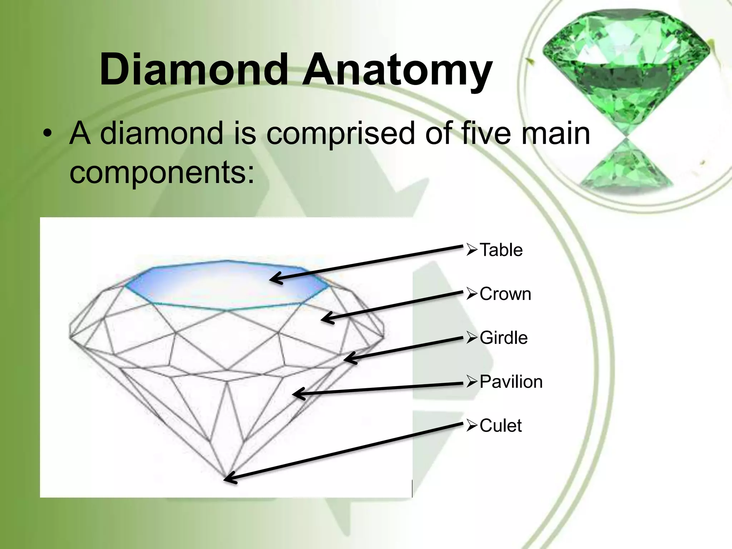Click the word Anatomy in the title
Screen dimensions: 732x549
(397, 73)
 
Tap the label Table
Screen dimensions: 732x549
(501, 250)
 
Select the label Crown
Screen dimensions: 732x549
(505, 294)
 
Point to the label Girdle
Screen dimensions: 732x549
(503, 338)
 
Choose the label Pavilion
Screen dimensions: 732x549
(511, 382)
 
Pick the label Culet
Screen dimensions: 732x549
(500, 426)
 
